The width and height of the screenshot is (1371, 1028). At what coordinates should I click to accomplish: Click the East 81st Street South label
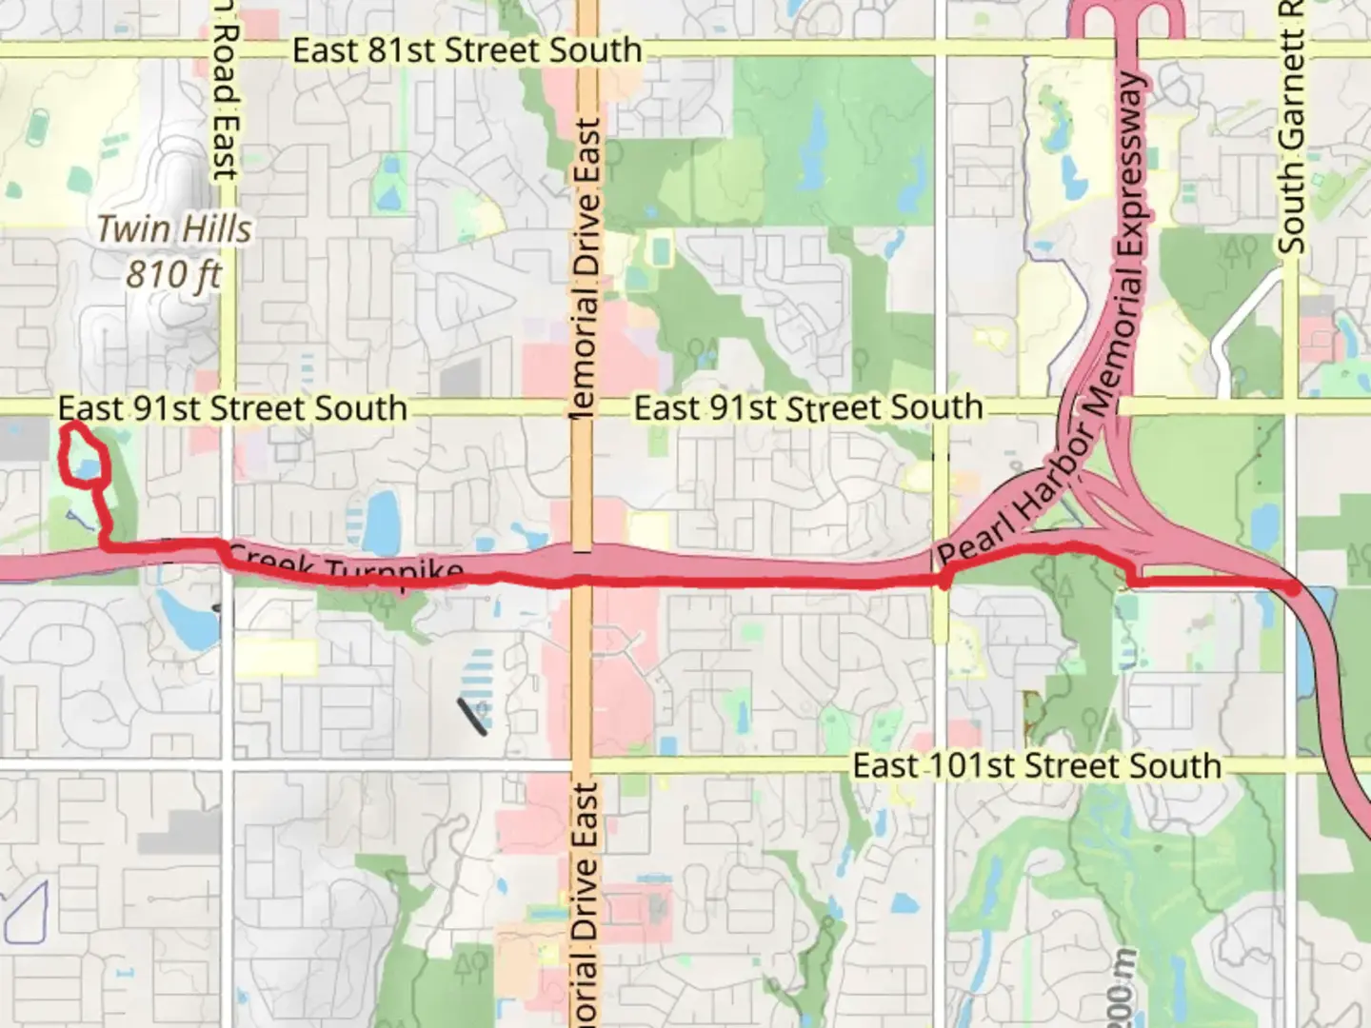pos(467,49)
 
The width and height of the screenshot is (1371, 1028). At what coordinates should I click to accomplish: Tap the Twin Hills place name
pos(174,229)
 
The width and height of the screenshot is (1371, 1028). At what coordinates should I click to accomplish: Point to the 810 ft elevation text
pos(173,275)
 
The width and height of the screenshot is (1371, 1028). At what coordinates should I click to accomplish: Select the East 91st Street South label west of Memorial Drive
pos(232,408)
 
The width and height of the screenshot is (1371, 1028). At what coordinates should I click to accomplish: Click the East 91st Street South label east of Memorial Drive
pos(808,408)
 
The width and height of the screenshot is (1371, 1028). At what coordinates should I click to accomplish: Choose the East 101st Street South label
pos(1036,765)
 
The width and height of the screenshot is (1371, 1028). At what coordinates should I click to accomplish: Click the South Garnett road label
pos(1291,128)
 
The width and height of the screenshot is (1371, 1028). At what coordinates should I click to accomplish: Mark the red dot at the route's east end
pos(1292,588)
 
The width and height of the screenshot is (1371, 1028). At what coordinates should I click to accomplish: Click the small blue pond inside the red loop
pos(88,468)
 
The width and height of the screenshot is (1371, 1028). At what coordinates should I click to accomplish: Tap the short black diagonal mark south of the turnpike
pos(473,716)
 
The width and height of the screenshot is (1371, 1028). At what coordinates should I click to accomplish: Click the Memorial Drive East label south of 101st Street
pos(586,904)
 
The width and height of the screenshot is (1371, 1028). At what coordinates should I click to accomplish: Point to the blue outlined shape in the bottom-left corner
pos(26,911)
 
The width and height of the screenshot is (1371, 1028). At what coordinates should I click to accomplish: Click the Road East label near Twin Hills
pos(225,90)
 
